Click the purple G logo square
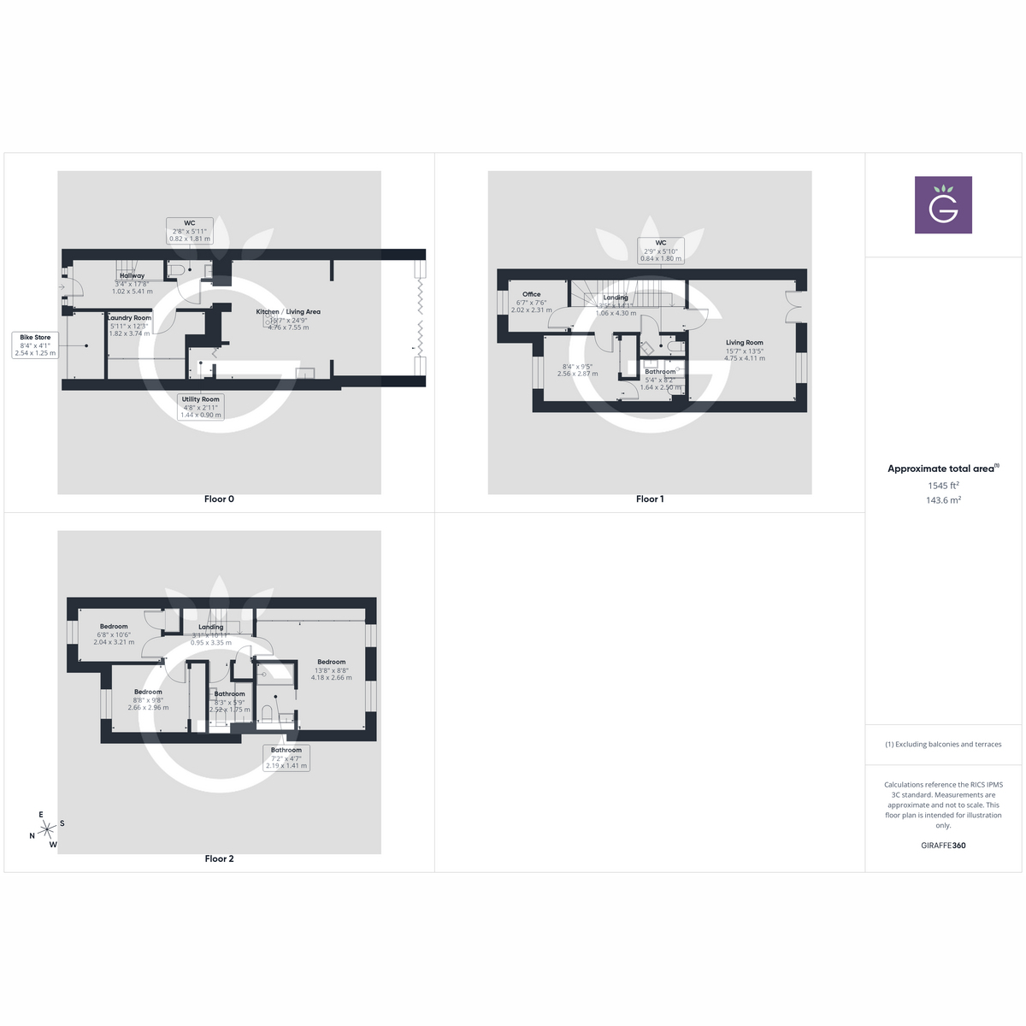click(943, 205)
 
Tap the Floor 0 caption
click(219, 499)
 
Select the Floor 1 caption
click(650, 499)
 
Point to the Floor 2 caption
click(219, 858)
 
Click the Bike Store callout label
click(35, 345)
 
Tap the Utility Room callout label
click(200, 407)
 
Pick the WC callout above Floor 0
click(189, 231)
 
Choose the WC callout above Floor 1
click(661, 251)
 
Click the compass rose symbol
click(47, 828)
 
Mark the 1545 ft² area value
click(943, 486)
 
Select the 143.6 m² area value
click(943, 500)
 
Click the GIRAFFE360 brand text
click(943, 846)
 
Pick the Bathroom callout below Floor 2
click(286, 758)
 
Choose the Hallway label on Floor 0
click(132, 276)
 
